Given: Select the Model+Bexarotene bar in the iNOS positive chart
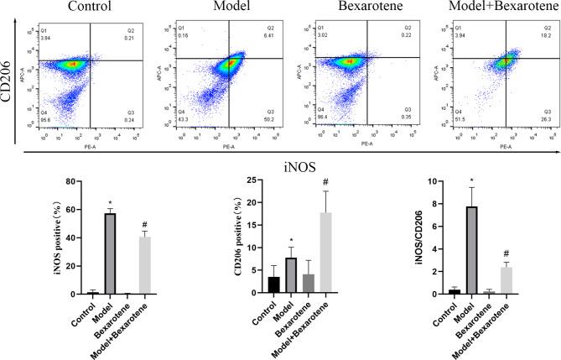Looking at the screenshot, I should [144, 265].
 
